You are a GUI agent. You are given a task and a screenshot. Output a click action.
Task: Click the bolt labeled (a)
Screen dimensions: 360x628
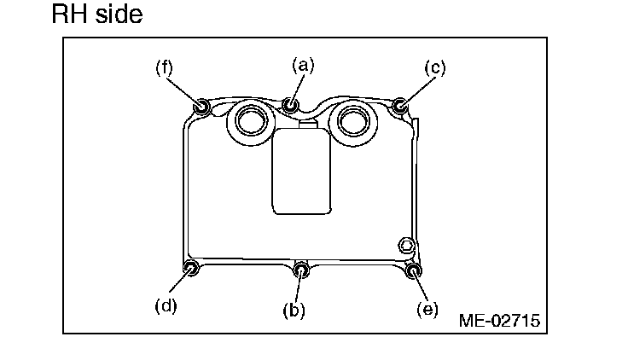(292, 106)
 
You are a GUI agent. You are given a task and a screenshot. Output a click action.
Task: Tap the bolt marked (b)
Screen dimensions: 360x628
(301, 270)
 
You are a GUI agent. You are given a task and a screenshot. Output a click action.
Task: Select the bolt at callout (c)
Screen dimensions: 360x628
(400, 107)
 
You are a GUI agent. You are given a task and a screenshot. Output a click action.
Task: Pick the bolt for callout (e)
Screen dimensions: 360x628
(414, 271)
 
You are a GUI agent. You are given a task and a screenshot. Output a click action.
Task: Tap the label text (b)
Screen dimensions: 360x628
(294, 310)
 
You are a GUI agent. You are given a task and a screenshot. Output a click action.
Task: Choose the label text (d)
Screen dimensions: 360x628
(166, 305)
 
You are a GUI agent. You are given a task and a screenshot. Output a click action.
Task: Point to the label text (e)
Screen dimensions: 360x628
(427, 309)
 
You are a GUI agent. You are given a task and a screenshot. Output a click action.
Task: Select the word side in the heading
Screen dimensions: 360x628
(119, 15)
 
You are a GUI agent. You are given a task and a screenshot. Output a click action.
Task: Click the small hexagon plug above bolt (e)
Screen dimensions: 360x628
(406, 246)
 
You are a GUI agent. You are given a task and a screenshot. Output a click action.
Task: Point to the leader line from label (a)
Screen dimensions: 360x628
(297, 86)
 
